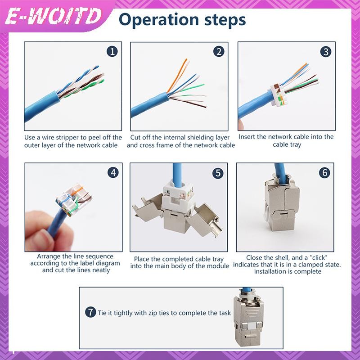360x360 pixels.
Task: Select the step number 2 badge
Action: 219,51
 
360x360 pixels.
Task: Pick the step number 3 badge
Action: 326,51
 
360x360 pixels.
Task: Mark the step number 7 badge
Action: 91,312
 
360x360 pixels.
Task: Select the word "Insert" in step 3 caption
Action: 248,136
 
